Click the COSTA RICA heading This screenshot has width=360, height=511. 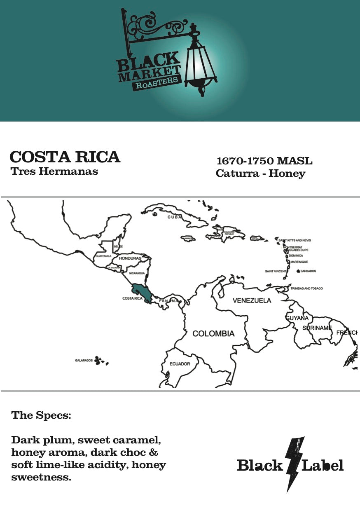click(65, 157)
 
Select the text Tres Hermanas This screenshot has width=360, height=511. click(54, 171)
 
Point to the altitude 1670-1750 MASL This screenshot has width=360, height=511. click(264, 160)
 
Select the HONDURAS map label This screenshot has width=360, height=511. click(130, 258)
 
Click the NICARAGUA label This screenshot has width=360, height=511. click(137, 273)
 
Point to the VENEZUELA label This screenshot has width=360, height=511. click(252, 300)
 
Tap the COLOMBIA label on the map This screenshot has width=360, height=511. click(213, 333)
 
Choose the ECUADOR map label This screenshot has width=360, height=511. click(180, 364)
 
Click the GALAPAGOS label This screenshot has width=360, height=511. click(84, 361)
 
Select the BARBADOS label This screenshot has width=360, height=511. click(309, 271)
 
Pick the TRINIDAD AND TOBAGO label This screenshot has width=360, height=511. click(306, 288)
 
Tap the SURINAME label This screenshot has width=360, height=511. click(317, 328)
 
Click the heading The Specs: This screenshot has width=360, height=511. click(41, 415)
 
